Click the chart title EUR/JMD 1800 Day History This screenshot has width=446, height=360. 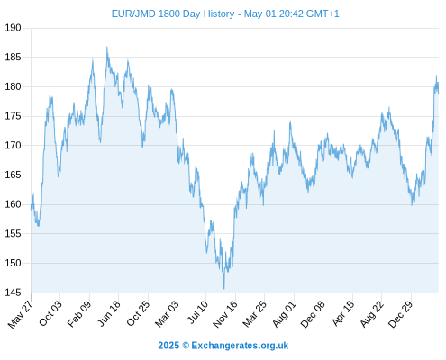click(173, 13)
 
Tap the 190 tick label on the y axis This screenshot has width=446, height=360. click(14, 28)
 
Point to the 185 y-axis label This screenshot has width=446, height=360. click(14, 57)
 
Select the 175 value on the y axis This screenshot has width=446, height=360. click(14, 116)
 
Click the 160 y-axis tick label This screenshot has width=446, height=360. click(14, 204)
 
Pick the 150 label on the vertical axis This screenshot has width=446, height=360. click(14, 263)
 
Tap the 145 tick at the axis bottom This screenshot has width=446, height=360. click(14, 292)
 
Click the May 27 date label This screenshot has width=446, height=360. click(21, 314)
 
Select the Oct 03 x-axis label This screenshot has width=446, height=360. click(50, 313)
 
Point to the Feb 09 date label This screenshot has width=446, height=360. click(79, 314)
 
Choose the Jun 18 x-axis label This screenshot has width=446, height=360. click(109, 313)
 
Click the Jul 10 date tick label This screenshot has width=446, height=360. click(197, 312)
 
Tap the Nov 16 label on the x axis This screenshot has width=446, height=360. click(225, 314)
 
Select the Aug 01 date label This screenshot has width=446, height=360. click(285, 314)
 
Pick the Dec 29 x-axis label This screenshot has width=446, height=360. click(400, 314)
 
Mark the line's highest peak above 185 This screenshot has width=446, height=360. click(107, 47)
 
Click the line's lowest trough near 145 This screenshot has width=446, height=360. click(224, 289)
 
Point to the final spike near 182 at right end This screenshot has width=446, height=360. click(436, 76)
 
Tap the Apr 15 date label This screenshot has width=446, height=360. click(343, 313)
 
